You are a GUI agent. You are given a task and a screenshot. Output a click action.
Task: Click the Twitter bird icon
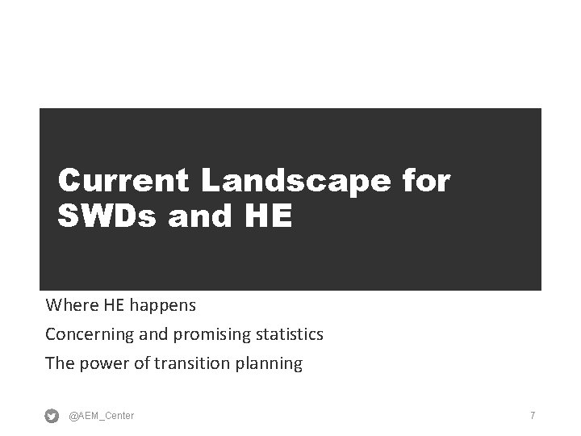tap(52, 416)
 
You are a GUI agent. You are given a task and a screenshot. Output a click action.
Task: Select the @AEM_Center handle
tap(102, 416)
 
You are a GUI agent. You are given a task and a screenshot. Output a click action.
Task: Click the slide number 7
tap(533, 415)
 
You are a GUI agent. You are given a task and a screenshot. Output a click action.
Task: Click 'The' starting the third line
tap(60, 363)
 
